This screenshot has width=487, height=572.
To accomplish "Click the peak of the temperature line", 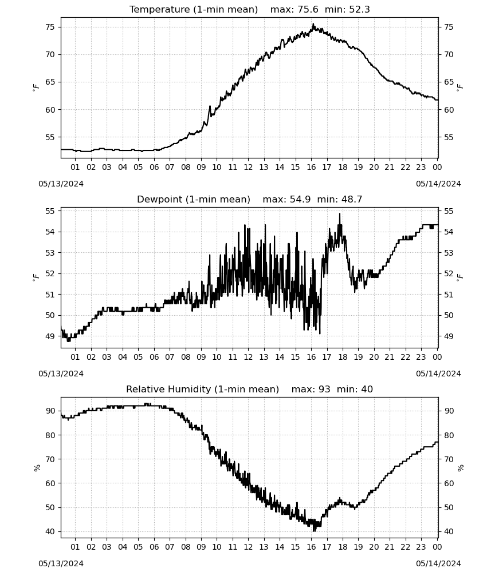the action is tap(313, 24).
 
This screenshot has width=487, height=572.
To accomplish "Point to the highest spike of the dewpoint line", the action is tap(339, 214).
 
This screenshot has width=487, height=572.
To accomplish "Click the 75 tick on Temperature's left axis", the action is tap(50, 27).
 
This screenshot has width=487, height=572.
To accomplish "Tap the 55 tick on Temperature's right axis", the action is tap(449, 137).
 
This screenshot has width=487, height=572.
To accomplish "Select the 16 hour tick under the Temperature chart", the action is tap(311, 167).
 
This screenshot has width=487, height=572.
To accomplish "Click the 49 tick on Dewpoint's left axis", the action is tap(50, 336).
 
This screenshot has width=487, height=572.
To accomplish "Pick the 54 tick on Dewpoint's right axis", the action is tap(449, 232).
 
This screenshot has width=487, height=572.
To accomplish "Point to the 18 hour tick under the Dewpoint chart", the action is tap(342, 357).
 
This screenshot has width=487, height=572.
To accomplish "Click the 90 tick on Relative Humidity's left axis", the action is tap(50, 411).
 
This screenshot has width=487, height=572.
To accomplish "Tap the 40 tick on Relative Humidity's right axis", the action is tap(449, 531).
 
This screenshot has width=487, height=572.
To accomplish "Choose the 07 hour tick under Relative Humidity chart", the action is tap(170, 547).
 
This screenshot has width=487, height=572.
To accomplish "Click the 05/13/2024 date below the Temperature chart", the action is tap(61, 184).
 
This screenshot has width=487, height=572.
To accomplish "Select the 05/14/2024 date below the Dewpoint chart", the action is tap(438, 374).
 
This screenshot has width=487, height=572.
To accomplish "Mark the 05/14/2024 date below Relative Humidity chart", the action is tap(438, 563).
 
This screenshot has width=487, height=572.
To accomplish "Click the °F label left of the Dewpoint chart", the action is tap(36, 277).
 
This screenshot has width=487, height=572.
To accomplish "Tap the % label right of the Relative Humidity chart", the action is tap(460, 468).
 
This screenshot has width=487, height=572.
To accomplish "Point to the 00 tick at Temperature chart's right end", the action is tap(437, 167).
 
